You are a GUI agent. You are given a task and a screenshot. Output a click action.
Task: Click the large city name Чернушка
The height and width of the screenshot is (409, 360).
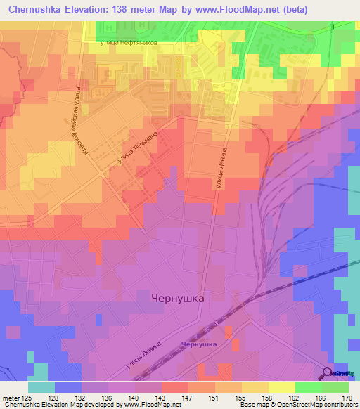point(178,298)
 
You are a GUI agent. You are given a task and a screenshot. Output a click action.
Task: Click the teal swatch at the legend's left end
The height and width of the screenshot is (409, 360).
point(41,387)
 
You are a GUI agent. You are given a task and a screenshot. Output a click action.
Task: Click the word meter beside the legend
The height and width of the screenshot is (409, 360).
point(11,398)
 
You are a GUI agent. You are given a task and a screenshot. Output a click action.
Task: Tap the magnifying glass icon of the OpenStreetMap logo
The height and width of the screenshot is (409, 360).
point(328,375)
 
